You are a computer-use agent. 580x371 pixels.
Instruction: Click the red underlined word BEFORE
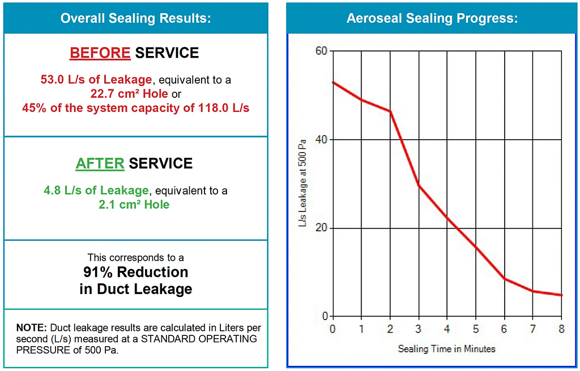pos(100,53)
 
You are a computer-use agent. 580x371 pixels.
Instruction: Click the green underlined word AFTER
pos(100,163)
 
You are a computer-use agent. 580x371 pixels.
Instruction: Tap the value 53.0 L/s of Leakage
pos(96,80)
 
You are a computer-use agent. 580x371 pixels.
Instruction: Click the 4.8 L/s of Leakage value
pos(96,191)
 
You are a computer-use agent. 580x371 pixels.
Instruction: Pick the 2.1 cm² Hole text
pos(134,204)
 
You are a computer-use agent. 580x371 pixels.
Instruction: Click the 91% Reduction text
pos(136,272)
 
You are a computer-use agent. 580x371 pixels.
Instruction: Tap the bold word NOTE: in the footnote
pos(32,328)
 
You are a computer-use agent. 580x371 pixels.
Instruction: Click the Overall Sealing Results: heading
pos(136,18)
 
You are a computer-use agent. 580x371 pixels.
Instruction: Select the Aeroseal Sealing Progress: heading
pos(432,18)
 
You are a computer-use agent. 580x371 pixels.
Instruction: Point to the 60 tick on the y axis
pos(321,51)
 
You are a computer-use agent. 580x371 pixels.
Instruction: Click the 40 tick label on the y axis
pos(321,140)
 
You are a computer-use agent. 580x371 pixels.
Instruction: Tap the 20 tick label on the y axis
pos(321,228)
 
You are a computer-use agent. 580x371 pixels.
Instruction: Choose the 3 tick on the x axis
pos(419,329)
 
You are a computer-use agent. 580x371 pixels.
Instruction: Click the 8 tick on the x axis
pos(562,329)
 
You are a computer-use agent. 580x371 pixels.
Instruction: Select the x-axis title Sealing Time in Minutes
pos(447,349)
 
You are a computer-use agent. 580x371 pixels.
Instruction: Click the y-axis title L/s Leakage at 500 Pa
pos(303,184)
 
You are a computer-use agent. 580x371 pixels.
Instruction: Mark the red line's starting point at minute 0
pos(332,83)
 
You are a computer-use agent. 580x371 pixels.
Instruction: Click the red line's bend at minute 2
pos(390,111)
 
